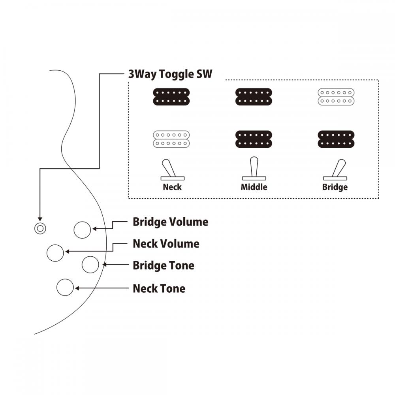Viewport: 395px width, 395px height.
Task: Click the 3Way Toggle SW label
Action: [170, 74]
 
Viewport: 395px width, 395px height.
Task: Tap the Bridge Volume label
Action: [170, 222]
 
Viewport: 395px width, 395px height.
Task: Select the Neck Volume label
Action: [166, 244]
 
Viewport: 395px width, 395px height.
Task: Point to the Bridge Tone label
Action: [164, 265]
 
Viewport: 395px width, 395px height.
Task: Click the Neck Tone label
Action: [159, 288]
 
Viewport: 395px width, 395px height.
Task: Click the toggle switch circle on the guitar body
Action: [39, 228]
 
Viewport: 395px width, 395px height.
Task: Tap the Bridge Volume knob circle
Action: [83, 230]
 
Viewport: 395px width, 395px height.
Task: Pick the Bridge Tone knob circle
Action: [90, 264]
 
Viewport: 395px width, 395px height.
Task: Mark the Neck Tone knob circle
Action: [65, 287]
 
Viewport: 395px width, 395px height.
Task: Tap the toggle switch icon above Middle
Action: [254, 170]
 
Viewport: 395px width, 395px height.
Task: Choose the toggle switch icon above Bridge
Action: [335, 170]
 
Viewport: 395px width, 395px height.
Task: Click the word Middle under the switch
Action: [254, 187]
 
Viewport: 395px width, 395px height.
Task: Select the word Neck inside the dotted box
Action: [172, 187]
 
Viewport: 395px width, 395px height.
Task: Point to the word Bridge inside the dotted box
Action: [335, 187]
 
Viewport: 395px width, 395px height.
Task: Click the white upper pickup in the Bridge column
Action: [336, 96]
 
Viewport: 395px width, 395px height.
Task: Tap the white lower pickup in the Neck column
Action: [171, 139]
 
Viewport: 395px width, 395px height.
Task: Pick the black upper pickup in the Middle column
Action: [254, 96]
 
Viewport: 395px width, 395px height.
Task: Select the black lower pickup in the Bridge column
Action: [336, 139]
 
